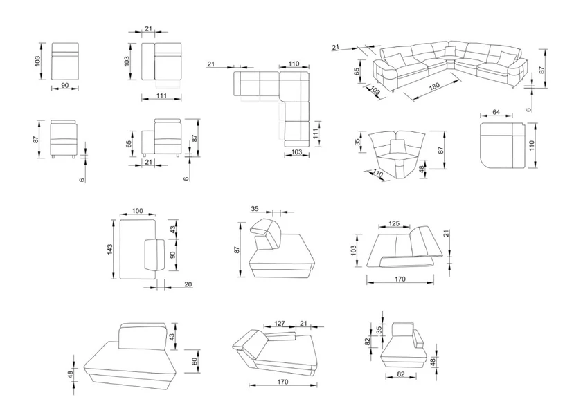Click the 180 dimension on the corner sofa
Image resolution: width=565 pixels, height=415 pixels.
click(435, 86)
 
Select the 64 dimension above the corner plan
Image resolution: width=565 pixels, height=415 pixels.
click(496, 112)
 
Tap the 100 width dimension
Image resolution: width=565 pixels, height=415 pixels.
click(138, 210)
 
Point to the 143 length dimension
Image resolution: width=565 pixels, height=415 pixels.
click(109, 249)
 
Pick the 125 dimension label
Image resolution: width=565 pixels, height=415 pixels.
click(394, 223)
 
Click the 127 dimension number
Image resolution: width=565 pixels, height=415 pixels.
click(280, 323)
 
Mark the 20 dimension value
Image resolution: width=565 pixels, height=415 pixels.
click(188, 284)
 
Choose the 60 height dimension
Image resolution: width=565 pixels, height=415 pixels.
click(195, 361)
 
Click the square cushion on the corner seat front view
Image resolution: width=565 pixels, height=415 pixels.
click(397, 146)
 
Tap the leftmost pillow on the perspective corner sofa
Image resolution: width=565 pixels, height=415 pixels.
click(393, 59)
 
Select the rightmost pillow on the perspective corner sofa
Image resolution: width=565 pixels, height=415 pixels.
click(507, 57)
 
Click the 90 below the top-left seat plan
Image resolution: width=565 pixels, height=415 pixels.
click(65, 85)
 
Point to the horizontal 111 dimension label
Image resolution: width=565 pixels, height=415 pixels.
click(161, 95)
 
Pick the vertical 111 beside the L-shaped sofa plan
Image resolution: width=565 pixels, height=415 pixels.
click(316, 133)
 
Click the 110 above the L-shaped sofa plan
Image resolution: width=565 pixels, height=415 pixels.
click(294, 64)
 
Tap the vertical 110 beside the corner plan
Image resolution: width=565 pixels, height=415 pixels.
click(532, 145)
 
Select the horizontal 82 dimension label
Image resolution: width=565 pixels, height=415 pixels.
click(401, 374)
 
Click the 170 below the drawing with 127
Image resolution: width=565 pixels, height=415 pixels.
click(283, 382)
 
